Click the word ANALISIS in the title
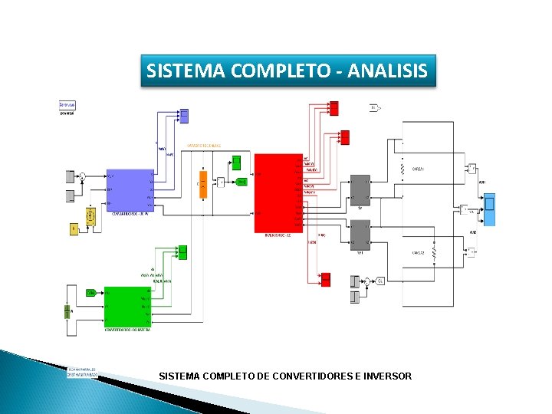pos(387,71)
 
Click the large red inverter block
pos(278,193)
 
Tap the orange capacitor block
pos(203,183)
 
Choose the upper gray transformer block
pos(360,190)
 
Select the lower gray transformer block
pos(360,235)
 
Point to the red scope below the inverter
pos(325,279)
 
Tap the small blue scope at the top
pos(184,116)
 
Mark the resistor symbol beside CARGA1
pos(402,166)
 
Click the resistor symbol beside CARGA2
pos(433,252)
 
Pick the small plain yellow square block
pos(74,228)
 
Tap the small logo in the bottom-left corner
pos(82,371)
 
